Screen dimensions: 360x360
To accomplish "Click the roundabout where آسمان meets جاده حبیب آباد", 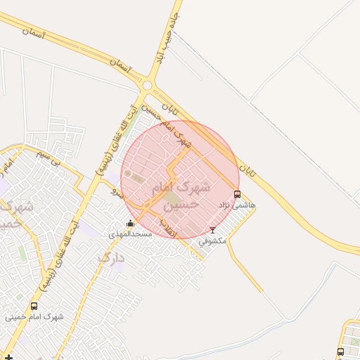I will (147, 86).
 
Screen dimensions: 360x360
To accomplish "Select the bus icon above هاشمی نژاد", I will (237, 194).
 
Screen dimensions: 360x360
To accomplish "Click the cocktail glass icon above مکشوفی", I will (213, 230).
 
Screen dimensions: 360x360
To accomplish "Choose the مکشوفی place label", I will (212, 240).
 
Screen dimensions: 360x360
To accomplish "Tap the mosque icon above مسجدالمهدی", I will (129, 224).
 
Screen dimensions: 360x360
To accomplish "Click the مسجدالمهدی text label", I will (130, 233).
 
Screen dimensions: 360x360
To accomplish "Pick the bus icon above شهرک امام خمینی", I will (34, 306).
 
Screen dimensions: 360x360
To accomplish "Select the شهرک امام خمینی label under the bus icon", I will (34, 316).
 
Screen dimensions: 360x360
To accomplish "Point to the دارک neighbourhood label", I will (110, 258).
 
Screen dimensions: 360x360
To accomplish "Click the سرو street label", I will (116, 191).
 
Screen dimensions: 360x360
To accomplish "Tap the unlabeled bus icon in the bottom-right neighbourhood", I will (340, 351).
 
